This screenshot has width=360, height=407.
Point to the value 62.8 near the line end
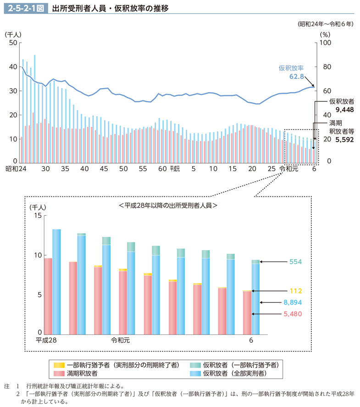[x=297, y=76]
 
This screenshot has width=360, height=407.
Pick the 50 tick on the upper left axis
[x=12, y=43]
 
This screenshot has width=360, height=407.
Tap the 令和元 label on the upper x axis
[x=289, y=169]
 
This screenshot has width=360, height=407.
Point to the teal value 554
[x=295, y=262]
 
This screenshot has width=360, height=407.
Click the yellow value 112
[x=295, y=291]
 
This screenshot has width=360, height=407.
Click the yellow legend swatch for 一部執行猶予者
[x=59, y=365]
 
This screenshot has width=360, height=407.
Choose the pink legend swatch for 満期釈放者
[x=59, y=374]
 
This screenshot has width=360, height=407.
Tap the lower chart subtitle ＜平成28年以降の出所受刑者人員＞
[x=168, y=206]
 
